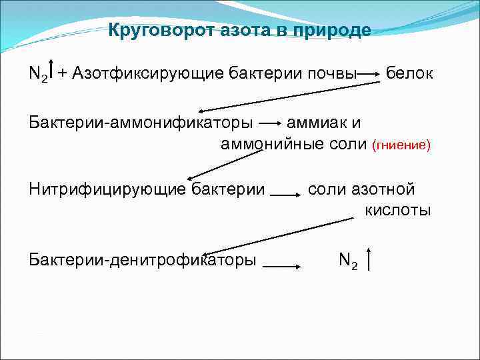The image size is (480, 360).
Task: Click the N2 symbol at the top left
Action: (38, 73)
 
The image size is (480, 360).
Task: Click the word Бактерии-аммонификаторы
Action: (141, 123)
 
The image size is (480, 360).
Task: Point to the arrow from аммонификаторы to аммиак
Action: (270, 123)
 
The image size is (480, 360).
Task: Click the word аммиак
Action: (317, 123)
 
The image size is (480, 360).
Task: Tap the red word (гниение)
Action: (401, 144)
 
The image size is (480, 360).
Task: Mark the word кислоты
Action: (398, 210)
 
